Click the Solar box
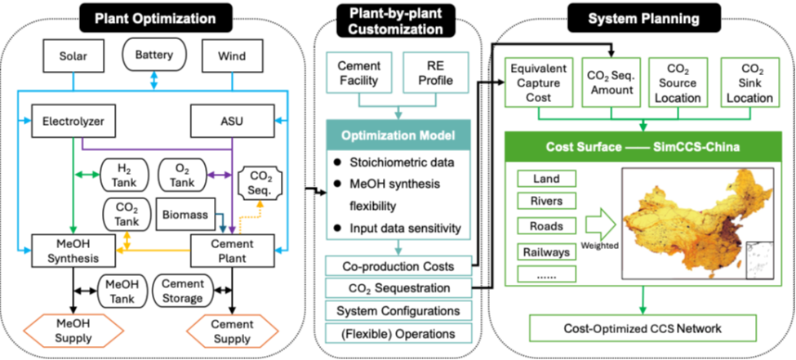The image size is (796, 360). (72, 57)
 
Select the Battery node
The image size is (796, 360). (154, 56)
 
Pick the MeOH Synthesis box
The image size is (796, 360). (72, 251)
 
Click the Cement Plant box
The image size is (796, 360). (230, 251)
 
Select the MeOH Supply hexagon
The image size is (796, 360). (72, 331)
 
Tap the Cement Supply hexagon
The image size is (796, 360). (230, 331)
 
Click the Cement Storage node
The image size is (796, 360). (182, 291)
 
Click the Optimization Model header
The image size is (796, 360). (398, 136)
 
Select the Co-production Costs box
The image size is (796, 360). (398, 266)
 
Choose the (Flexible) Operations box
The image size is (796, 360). (398, 333)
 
